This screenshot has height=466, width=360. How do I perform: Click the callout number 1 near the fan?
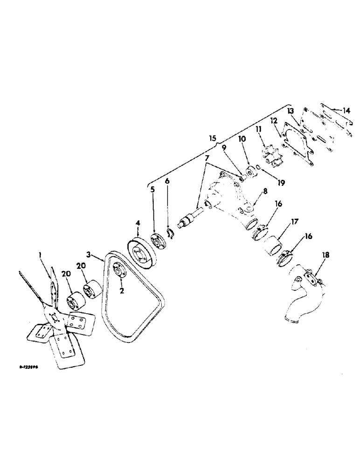(x=41, y=254)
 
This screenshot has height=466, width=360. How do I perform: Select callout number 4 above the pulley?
(x=138, y=224)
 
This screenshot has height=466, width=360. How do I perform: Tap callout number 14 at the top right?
(x=346, y=110)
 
